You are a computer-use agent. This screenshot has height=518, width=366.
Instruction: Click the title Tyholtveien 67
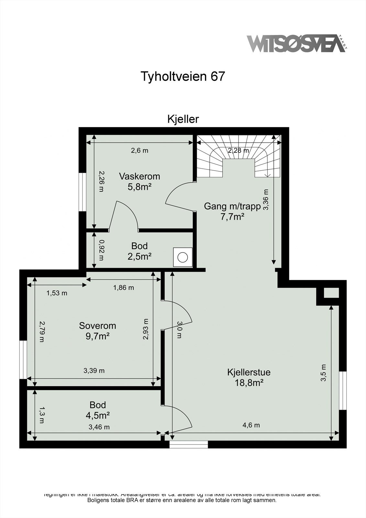click(183, 76)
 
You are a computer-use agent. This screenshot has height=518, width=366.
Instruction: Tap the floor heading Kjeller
click(183, 119)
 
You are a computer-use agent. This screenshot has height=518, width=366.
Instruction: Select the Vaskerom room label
click(139, 176)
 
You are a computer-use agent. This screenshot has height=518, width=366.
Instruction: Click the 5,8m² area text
click(139, 187)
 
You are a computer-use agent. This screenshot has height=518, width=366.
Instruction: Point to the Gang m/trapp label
click(232, 206)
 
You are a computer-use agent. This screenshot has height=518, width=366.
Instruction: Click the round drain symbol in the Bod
click(183, 257)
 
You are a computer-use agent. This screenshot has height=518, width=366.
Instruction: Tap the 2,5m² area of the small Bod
click(139, 256)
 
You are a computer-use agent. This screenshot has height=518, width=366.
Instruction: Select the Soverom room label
click(97, 326)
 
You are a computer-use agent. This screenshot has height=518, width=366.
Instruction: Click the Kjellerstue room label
click(249, 372)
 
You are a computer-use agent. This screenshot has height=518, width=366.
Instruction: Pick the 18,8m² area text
click(249, 383)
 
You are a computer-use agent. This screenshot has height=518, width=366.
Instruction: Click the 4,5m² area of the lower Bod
click(97, 415)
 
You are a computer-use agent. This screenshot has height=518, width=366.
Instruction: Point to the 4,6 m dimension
click(251, 425)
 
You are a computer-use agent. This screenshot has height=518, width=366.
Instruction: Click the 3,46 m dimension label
click(99, 427)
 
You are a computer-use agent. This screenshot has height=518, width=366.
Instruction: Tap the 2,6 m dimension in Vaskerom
click(139, 151)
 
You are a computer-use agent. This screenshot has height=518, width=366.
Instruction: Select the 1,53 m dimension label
click(57, 293)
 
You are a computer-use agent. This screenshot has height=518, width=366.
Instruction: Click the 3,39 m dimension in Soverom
click(94, 371)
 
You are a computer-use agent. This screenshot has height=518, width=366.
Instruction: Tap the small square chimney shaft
click(331, 293)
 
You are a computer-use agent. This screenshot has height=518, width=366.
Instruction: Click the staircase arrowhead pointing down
click(268, 175)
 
